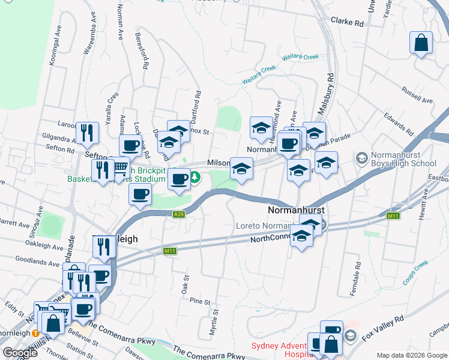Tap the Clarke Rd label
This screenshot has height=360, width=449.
pos(348,22)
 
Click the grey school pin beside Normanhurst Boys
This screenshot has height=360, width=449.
pos(361,158)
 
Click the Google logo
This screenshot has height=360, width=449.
pos(20,353)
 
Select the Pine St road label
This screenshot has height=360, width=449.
pos(199,301)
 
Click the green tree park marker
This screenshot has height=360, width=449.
pos(196,178)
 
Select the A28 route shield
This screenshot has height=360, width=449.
pos(178,214)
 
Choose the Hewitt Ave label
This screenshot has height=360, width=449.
pos(425,205)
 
